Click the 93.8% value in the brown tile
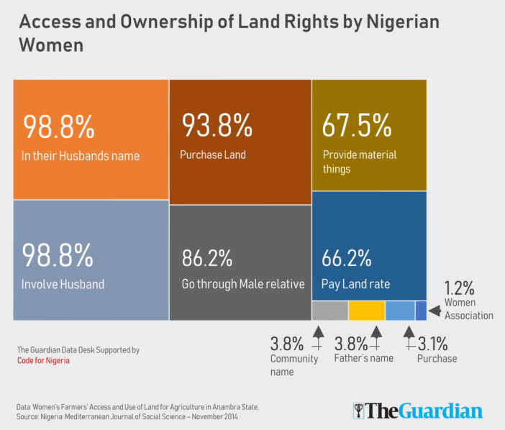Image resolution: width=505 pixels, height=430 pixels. click(x=217, y=127)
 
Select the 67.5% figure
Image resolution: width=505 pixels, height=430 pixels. click(x=357, y=127)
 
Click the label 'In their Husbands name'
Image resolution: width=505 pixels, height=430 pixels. click(x=81, y=155)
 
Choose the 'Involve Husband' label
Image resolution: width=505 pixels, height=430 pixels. click(x=63, y=284)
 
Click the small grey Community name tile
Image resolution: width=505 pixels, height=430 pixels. click(x=330, y=311)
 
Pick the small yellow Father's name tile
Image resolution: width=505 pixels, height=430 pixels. click(x=367, y=311)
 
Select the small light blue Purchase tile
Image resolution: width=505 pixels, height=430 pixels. click(x=400, y=311)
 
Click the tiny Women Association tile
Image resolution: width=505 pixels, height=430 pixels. click(x=421, y=311)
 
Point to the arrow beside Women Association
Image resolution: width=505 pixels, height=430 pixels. click(x=435, y=312)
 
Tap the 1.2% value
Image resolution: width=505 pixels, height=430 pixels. click(x=459, y=289)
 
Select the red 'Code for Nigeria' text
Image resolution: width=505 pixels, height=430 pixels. click(x=44, y=361)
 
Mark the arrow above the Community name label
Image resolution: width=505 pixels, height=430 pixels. click(x=317, y=335)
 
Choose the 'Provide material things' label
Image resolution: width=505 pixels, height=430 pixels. click(x=359, y=162)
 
